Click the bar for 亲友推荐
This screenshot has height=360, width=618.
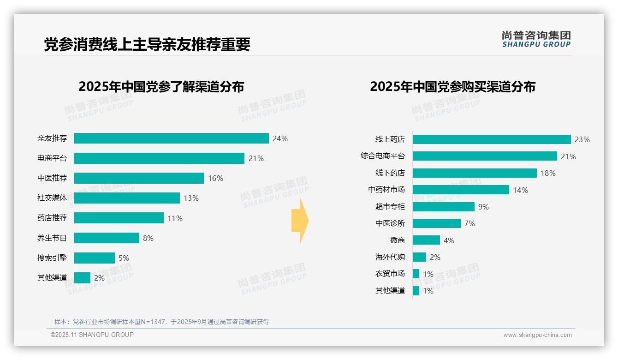coord(171,138)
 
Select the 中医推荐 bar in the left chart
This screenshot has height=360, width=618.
coord(139,178)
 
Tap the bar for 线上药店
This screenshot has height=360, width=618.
coord(492,139)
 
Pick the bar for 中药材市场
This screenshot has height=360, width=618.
coord(461,190)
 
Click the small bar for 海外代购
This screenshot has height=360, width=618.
coord(419,257)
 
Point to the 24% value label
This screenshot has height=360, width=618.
coord(280,138)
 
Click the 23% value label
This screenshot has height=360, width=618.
coord(582,139)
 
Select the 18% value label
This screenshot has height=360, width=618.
coord(548,173)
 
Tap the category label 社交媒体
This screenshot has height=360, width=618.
coord(52,198)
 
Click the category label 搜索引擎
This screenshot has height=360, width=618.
coord(52,258)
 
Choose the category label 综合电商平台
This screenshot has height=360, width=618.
coord(383,156)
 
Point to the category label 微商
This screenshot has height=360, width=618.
coord(397,240)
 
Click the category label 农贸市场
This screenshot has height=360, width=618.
coord(390,274)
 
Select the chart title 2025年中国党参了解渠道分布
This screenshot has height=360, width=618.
coord(161,87)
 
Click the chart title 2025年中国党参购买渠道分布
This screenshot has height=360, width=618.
coord(452,87)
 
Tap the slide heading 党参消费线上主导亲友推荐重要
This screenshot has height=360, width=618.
coord(147,45)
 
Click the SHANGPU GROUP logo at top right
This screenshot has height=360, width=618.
coord(536,39)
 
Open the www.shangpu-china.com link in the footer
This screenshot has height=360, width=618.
coord(537,335)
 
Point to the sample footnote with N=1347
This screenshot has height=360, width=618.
coord(161,322)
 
